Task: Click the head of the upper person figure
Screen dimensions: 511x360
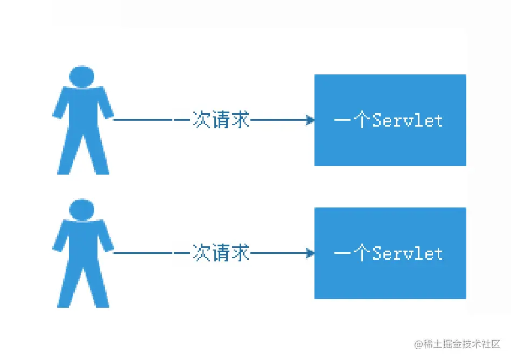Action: (x=82, y=77)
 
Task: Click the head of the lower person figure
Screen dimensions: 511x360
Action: (x=82, y=210)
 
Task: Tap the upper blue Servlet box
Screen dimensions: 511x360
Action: (x=390, y=120)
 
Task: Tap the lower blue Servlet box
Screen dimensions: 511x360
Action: (x=390, y=253)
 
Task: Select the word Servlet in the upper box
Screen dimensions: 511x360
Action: (x=408, y=120)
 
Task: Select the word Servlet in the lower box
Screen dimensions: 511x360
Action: (x=408, y=253)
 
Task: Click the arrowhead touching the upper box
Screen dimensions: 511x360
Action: (x=310, y=120)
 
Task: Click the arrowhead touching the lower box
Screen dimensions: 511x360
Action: (x=310, y=253)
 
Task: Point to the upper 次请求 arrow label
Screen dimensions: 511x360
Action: (x=221, y=119)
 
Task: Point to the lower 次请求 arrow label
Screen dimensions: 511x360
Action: (x=221, y=252)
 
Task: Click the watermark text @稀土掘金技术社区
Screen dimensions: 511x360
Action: (x=457, y=344)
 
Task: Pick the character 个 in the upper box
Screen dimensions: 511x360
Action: (x=362, y=120)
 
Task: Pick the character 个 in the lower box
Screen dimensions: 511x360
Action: (x=362, y=253)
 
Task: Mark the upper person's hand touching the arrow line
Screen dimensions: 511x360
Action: (x=109, y=114)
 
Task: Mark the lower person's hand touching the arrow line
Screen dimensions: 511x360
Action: (x=109, y=247)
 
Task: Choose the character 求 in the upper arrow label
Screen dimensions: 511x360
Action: (x=240, y=119)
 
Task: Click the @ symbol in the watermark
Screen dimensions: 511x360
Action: (x=419, y=344)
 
